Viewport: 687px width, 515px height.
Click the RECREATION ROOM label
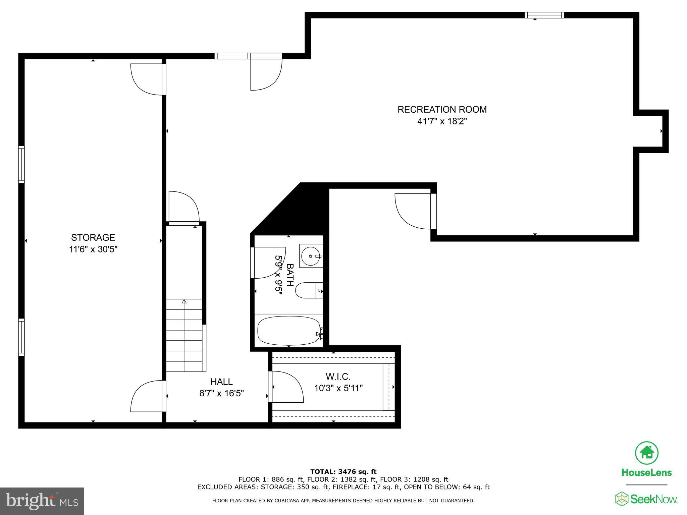tap(442, 110)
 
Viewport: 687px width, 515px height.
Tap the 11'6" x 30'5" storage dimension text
tap(93, 249)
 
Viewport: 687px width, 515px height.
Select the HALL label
tap(221, 382)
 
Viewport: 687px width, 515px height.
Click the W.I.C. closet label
tap(338, 377)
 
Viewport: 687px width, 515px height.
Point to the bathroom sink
tap(311, 256)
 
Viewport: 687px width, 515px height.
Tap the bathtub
tap(288, 331)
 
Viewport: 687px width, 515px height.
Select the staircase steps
tap(184, 335)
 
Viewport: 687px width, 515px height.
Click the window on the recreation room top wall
tap(544, 15)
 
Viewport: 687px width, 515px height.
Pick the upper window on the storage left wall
tap(21, 164)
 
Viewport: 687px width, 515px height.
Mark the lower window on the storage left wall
tap(21, 337)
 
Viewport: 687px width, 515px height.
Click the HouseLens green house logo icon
tap(646, 453)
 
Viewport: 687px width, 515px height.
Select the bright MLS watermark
tap(42, 501)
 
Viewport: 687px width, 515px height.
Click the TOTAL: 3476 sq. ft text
tap(343, 472)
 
